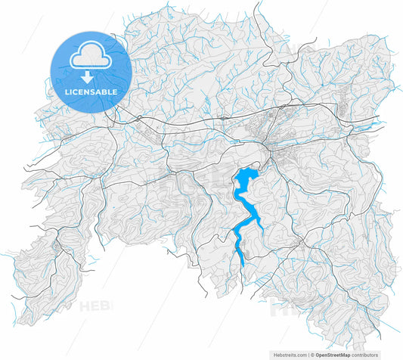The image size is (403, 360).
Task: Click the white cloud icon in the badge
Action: [x=90, y=57]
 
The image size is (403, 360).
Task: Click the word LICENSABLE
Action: [x=90, y=92]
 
